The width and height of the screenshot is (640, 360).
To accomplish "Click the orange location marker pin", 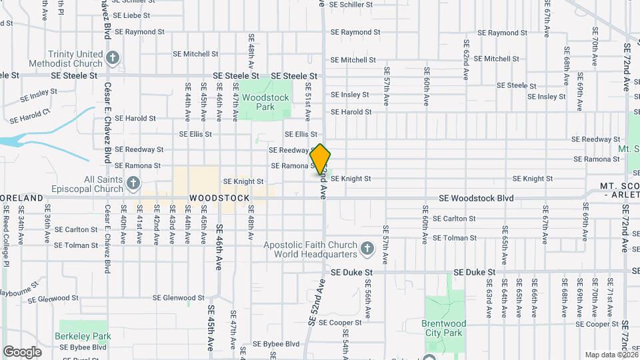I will click(320, 159).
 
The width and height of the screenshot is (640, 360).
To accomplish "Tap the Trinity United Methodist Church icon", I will click(113, 58).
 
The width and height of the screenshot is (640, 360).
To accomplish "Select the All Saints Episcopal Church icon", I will click(133, 183).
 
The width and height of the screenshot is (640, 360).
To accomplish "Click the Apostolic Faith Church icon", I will click(366, 249).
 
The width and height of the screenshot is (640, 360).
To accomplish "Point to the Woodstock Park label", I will click(265, 102).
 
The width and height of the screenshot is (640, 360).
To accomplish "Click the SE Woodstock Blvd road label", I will click(476, 199).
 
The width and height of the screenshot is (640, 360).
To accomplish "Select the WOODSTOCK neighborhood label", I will click(219, 199).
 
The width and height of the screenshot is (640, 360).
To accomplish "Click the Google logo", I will click(23, 351).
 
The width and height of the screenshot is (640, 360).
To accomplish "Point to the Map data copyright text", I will click(611, 355).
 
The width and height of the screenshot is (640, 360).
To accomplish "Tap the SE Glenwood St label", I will click(178, 298).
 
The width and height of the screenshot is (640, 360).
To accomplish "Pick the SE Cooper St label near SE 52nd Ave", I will click(339, 323).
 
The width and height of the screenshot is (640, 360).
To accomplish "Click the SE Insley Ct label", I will click(39, 95).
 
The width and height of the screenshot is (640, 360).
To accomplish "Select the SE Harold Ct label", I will click(30, 116).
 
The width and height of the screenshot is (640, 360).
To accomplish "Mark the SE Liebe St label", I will click(134, 15).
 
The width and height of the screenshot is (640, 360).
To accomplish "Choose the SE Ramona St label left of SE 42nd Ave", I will click(137, 165).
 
